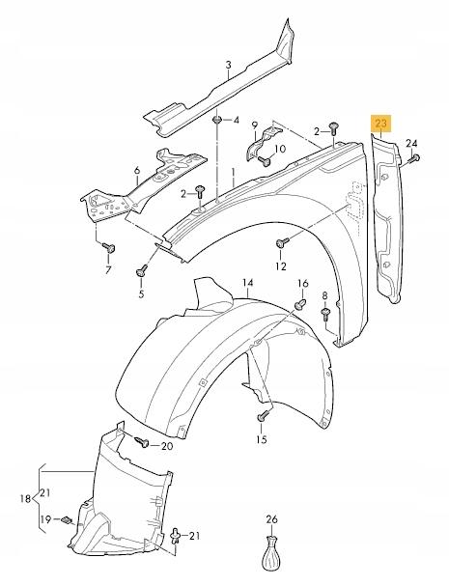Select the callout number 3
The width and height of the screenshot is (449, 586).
pos(229,65)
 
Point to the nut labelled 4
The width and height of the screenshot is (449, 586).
pos(217,120)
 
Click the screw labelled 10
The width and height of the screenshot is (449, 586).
pos(266,161)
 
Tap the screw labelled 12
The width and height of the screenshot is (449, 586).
pos(282,242)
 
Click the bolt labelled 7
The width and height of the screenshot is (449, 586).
pos(109,247)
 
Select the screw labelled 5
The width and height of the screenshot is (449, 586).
pos(142,270)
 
